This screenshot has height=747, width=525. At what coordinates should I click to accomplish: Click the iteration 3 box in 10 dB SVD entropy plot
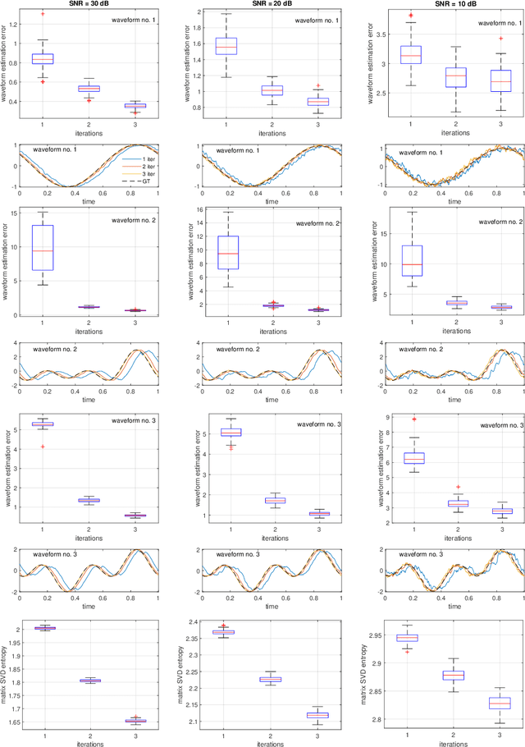pyautogui.click(x=500, y=703)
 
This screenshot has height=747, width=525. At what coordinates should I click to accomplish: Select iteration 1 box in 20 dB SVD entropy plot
pyautogui.click(x=223, y=632)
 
